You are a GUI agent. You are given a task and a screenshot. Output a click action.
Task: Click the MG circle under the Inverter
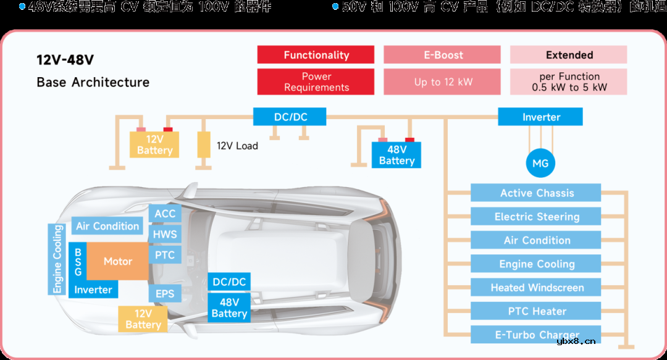coord(540,164)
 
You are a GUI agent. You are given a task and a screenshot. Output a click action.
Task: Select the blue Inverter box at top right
coord(540,117)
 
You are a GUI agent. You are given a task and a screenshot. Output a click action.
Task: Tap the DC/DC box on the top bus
coord(290,117)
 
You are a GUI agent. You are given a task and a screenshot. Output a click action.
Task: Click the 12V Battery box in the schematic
coord(154,145)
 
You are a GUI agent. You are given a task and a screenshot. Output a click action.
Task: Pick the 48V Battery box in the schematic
coord(396,155)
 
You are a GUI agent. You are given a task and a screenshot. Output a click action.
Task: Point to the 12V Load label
coord(237,146)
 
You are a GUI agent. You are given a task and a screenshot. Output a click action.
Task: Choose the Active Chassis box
coord(536,193)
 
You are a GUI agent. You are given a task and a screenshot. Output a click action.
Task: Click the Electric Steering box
coord(536,217)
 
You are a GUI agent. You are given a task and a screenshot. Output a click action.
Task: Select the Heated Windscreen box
coord(536,288)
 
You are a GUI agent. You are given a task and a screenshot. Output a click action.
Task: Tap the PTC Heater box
coord(536,311)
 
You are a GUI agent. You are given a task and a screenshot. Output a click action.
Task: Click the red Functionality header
coord(316,55)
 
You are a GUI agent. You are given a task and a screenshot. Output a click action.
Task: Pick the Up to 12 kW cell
coord(442,82)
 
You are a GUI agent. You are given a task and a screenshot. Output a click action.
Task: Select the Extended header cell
coord(569,55)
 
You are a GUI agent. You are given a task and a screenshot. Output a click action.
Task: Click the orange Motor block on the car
coord(117,261)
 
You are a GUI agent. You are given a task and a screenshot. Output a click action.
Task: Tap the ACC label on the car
coord(165,214)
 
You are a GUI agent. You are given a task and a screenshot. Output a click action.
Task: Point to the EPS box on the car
coord(165,294)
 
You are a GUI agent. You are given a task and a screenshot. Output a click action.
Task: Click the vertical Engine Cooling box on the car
coord(57,259)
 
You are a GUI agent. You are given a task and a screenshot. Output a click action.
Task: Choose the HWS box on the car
coord(165,235)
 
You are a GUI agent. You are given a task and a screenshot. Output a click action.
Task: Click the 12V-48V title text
coord(65,61)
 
